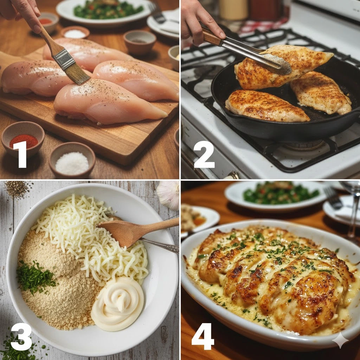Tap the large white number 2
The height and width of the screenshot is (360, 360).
(204, 154)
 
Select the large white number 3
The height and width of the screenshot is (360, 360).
(21, 336)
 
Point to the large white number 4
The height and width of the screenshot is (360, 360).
(203, 336)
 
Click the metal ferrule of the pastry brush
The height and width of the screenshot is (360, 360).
(64, 59)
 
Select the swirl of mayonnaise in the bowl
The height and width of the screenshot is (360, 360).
(118, 303)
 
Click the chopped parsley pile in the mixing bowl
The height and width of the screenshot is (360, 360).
(34, 277)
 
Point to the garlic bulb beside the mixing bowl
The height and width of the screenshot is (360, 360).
(169, 195)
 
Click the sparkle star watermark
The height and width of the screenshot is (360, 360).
(340, 340)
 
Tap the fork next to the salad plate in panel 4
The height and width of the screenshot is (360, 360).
(333, 198)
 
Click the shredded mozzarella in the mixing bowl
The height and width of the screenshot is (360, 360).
(92, 239)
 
